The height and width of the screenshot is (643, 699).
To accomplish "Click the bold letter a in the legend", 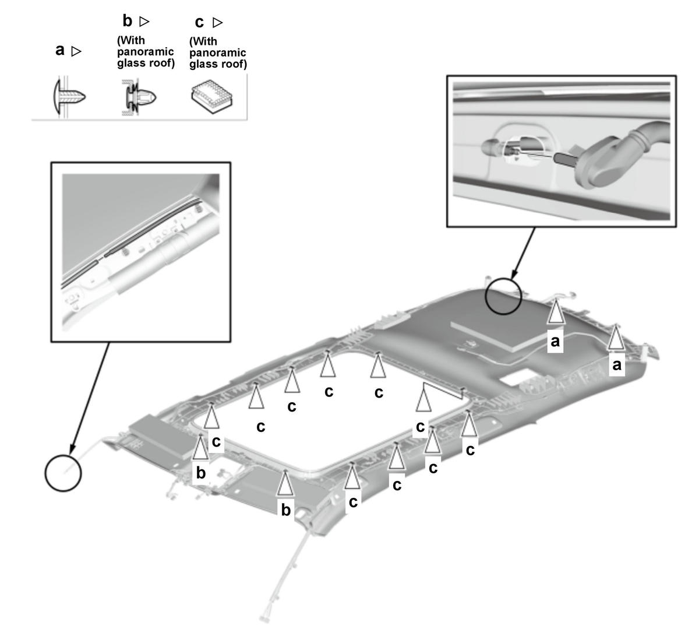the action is pyautogui.click(x=60, y=50).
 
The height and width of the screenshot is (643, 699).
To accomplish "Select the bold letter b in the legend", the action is pyautogui.click(x=127, y=21).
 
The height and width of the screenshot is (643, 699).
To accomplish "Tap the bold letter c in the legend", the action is pyautogui.click(x=199, y=23).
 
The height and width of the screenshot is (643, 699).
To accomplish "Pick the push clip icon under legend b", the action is pyautogui.click(x=139, y=97).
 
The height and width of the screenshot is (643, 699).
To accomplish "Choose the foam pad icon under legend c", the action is pyautogui.click(x=211, y=97).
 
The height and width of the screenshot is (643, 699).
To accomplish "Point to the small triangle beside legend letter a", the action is pyautogui.click(x=76, y=51).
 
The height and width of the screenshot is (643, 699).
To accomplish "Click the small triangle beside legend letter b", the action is pyautogui.click(x=144, y=22).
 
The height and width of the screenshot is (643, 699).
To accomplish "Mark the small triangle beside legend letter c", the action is pyautogui.click(x=217, y=23).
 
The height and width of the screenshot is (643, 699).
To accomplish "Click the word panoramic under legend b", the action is pyautogui.click(x=145, y=52).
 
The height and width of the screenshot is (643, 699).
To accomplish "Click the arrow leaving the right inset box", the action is pyautogui.click(x=523, y=253).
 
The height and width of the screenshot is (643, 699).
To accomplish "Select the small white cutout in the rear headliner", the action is pyautogui.click(x=518, y=378).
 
